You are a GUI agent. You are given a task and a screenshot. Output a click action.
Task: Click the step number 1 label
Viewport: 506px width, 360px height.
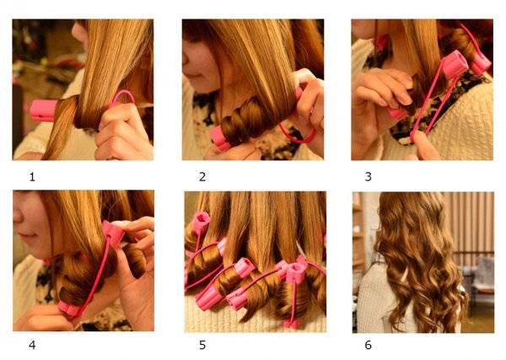click(32, 177)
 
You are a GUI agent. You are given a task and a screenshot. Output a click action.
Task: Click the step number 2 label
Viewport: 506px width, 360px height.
click(202, 177)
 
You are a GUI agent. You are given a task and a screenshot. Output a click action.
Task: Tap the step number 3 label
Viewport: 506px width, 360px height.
click(369, 177)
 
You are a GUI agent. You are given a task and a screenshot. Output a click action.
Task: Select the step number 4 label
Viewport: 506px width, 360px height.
click(32, 345)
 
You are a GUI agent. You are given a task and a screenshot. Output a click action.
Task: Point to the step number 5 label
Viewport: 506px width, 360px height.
click(202, 345)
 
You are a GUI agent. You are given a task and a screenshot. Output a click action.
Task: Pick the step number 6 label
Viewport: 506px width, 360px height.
click(369, 345)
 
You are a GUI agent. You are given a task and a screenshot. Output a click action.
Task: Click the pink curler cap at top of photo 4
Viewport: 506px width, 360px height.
click(113, 232)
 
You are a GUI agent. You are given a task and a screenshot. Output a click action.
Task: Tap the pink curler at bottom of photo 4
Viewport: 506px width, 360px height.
click(69, 309)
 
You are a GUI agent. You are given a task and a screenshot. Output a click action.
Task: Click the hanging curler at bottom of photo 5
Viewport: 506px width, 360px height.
click(293, 323)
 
